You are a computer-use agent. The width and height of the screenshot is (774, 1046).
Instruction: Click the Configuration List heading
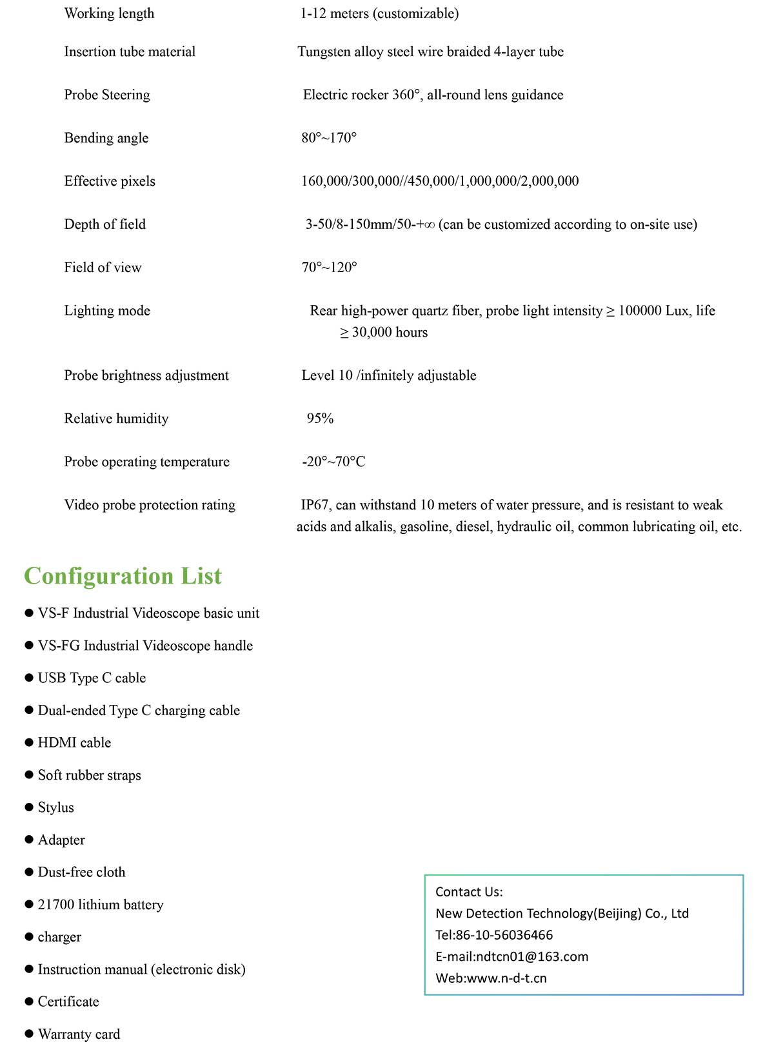click(x=123, y=576)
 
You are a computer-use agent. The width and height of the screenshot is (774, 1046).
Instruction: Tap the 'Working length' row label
click(x=109, y=14)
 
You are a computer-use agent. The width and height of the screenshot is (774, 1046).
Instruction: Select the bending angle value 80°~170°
click(x=329, y=138)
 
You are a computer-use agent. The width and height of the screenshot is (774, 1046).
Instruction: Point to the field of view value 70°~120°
click(x=329, y=268)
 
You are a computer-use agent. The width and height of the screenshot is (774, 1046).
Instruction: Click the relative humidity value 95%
click(x=320, y=419)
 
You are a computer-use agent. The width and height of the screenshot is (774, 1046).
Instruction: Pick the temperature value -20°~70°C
click(x=333, y=462)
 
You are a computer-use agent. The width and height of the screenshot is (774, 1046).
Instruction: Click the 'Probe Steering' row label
click(x=107, y=95)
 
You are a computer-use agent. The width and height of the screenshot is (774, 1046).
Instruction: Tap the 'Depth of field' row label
click(x=105, y=224)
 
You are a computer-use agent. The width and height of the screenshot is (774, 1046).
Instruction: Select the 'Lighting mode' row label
click(x=107, y=311)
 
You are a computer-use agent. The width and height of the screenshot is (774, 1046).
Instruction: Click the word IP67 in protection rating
click(x=315, y=505)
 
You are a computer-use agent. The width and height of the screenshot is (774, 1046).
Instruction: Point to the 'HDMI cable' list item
click(x=74, y=743)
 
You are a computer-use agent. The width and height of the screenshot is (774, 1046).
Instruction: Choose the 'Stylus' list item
click(x=56, y=807)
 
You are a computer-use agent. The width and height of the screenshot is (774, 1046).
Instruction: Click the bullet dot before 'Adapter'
click(x=29, y=840)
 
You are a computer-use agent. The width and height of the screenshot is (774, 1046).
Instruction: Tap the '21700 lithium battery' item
click(x=101, y=905)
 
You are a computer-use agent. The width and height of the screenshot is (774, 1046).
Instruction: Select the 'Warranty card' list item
click(x=79, y=1034)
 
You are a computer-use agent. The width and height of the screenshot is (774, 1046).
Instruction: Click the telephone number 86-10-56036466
click(x=504, y=935)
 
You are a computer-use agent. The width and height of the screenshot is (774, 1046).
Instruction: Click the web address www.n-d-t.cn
click(x=506, y=978)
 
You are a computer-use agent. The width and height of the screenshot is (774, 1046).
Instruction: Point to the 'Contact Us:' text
click(x=469, y=892)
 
